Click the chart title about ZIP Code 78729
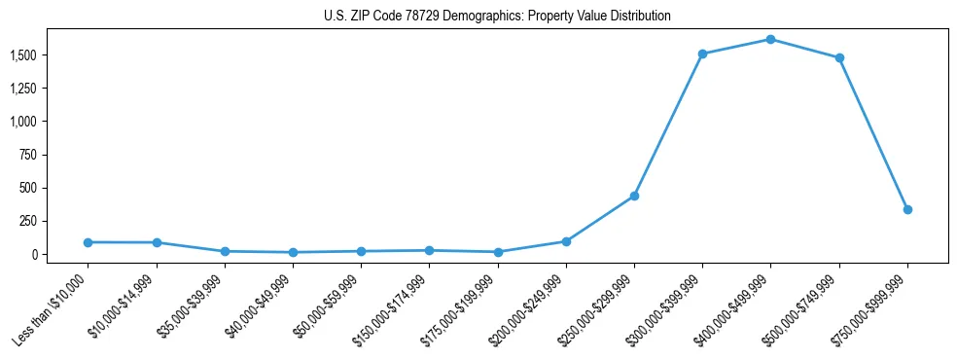(496, 17)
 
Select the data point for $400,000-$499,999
(770, 40)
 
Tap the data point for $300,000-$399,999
(702, 54)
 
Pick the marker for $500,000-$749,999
(838, 57)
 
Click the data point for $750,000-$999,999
(907, 209)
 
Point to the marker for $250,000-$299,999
(634, 196)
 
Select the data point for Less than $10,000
(88, 242)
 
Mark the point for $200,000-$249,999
(566, 241)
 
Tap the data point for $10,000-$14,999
(156, 242)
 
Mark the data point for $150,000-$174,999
(429, 251)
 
